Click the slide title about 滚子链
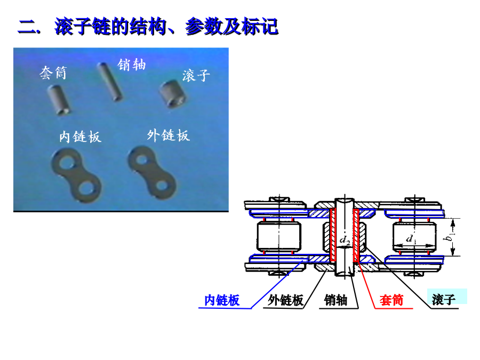coord(148,27)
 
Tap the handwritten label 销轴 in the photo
coord(132,65)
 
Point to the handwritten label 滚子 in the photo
coord(196,75)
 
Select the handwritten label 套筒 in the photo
coord(53,73)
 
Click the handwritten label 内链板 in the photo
coord(80,137)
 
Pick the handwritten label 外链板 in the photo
coord(168,135)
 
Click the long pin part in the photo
coord(109,81)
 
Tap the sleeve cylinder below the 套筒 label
coord(58,99)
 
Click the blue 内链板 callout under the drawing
coord(222,300)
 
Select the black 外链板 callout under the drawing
coord(286,300)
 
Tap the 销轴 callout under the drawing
coord(336,300)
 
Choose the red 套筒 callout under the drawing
coord(391,300)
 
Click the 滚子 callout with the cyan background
coord(444,299)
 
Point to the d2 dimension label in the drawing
coord(345,241)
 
